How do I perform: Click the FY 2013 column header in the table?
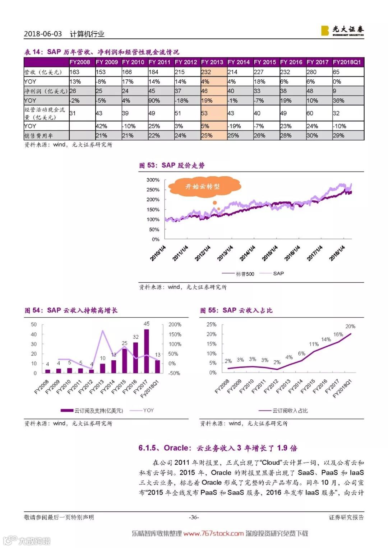(212, 62)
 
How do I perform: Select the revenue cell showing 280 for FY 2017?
(311, 72)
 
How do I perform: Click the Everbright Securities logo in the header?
(342, 30)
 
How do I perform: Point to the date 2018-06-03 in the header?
(43, 34)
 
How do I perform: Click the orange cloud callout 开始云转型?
(203, 187)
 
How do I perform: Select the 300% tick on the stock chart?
(153, 180)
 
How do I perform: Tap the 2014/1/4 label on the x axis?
(248, 253)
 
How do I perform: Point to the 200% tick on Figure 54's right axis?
(175, 324)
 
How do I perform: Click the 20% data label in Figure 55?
(350, 326)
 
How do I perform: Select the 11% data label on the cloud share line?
(314, 344)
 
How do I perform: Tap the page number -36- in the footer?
(194, 517)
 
